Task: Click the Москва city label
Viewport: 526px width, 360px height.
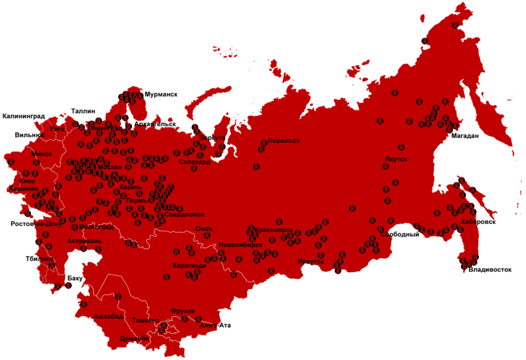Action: [109, 167]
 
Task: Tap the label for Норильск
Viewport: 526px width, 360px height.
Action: [283, 141]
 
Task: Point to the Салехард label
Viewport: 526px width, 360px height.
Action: [195, 162]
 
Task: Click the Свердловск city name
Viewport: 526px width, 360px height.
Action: [184, 214]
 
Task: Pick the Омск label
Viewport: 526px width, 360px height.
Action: [204, 229]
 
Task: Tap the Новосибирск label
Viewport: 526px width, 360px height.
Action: [241, 244]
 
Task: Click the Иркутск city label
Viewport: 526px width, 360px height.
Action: [311, 261]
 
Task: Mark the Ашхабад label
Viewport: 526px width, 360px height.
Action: [108, 317]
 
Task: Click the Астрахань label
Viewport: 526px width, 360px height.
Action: [84, 242]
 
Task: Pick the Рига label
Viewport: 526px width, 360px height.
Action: [58, 129]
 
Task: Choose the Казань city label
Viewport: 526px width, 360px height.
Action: [131, 187]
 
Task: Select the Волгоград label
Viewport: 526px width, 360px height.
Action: [96, 227]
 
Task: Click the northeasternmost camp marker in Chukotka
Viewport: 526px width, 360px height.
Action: [456, 25]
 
